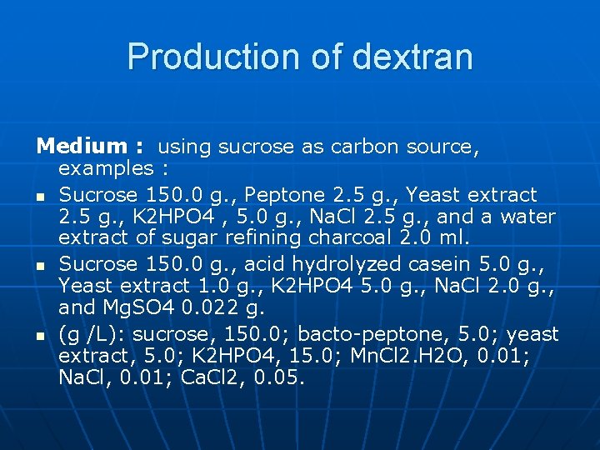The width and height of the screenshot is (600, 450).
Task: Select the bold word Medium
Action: click(81, 147)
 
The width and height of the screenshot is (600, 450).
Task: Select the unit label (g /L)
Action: click(90, 334)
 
